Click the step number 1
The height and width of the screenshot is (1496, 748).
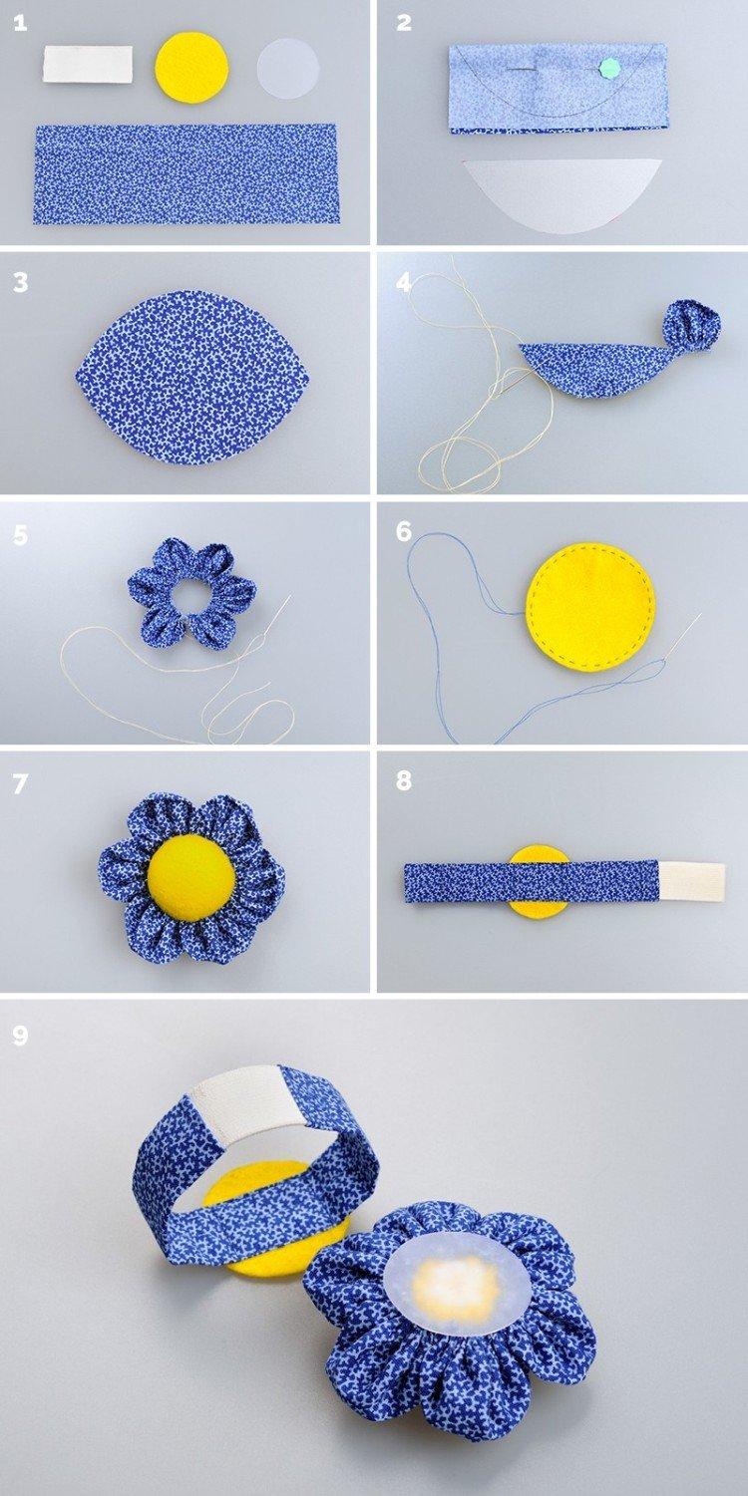click(x=19, y=23)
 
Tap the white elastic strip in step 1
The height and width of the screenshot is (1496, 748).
click(x=87, y=65)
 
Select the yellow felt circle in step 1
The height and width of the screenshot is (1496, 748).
click(x=191, y=67)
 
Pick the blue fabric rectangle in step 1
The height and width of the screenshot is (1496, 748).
click(x=186, y=173)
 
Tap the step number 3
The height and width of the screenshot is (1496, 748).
click(x=20, y=282)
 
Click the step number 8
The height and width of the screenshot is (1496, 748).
click(x=403, y=781)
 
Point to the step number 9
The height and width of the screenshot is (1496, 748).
click(x=20, y=1036)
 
